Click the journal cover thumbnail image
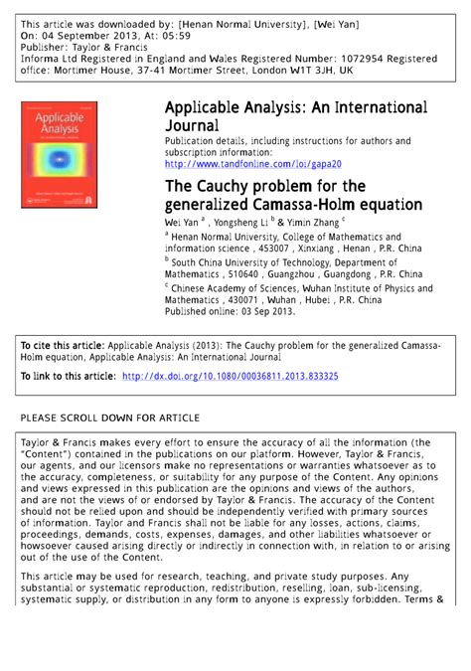tap(59, 154)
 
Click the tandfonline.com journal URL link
tap(253, 164)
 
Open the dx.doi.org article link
tap(230, 377)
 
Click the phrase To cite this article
tap(63, 344)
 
